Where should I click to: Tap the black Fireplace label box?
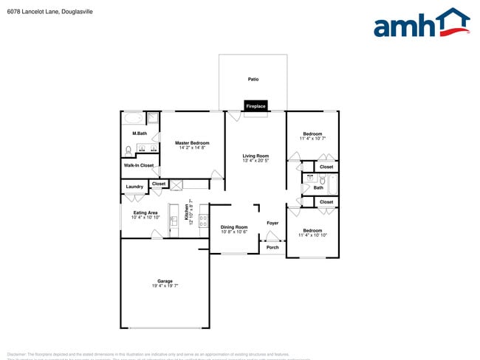pos(256,106)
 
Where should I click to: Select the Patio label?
pos(253,79)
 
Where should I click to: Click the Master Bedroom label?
pos(192,142)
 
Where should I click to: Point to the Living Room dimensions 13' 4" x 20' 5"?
pos(256,161)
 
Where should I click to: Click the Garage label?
pos(165,280)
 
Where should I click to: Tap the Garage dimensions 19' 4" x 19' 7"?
pos(165,285)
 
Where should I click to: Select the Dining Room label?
pos(234,226)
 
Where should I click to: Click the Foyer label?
pos(272,222)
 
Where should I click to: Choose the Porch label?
pos(272,247)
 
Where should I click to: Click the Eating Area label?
pos(144,212)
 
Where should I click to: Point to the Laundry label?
pos(134,187)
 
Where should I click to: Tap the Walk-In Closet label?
pos(139,165)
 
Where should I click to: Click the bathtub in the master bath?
pos(134,118)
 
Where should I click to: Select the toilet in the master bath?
pos(128,150)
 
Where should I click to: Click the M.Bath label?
pos(140,134)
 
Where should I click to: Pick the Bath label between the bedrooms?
pos(318,187)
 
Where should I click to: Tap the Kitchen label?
pos(186,213)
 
